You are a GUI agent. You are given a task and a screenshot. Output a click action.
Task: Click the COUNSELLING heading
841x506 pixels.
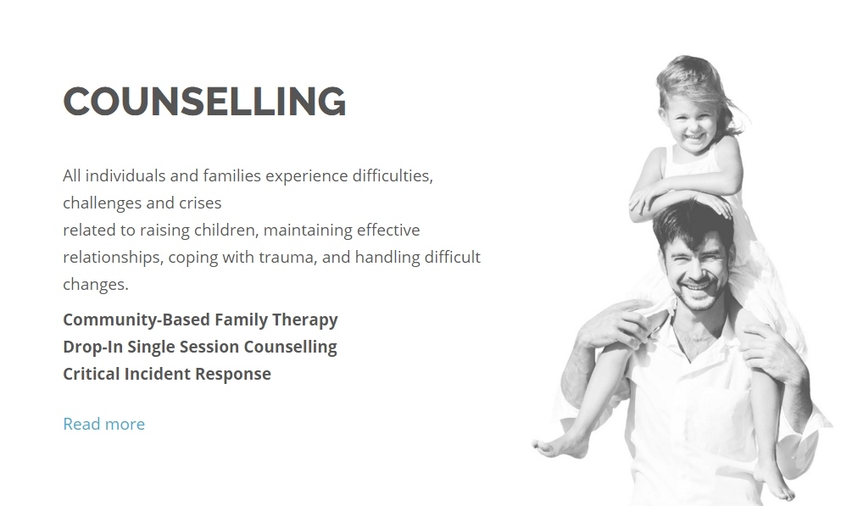(x=204, y=102)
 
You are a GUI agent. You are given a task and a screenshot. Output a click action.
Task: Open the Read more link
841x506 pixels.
(x=104, y=424)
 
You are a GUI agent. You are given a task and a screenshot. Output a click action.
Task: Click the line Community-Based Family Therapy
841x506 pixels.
(x=200, y=320)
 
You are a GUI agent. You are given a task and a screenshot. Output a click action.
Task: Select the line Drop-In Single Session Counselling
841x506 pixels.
(x=199, y=347)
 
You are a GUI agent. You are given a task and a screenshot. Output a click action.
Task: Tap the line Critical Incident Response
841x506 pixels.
(x=167, y=374)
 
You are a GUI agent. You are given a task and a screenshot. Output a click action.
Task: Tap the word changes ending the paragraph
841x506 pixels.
(x=96, y=285)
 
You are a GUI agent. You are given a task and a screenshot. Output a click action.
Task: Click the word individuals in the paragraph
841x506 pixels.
(x=125, y=175)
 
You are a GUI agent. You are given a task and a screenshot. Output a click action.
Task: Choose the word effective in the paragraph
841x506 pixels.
(x=388, y=231)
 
